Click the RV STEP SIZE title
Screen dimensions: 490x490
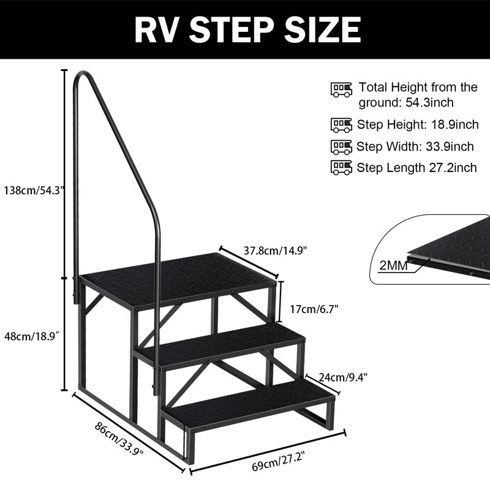(x=244, y=29)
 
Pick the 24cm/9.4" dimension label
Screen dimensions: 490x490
(x=342, y=376)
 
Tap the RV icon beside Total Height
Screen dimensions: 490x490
(x=341, y=89)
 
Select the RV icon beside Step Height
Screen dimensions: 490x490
(x=341, y=125)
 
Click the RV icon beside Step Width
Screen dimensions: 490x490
(x=341, y=146)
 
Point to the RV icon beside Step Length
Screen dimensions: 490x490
(x=341, y=167)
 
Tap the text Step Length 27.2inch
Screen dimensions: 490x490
(x=417, y=167)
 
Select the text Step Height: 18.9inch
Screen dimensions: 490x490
(x=418, y=125)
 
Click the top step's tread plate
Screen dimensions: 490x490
(x=178, y=279)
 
